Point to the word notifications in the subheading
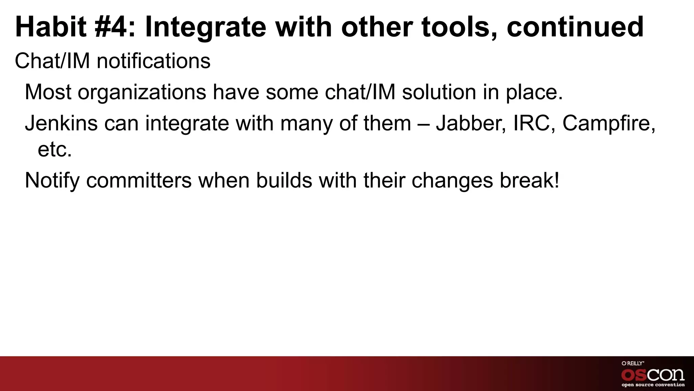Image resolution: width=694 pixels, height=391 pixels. click(153, 61)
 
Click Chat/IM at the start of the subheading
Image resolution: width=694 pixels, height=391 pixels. click(52, 61)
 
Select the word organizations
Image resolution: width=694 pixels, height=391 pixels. click(142, 92)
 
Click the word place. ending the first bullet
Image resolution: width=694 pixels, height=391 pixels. click(534, 92)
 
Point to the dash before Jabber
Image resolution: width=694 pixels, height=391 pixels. click(423, 124)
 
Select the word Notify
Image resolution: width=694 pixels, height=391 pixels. click(52, 181)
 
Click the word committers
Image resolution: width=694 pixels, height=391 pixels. click(139, 181)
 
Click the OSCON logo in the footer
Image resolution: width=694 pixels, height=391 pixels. click(653, 375)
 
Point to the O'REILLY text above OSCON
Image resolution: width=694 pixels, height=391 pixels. click(632, 364)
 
